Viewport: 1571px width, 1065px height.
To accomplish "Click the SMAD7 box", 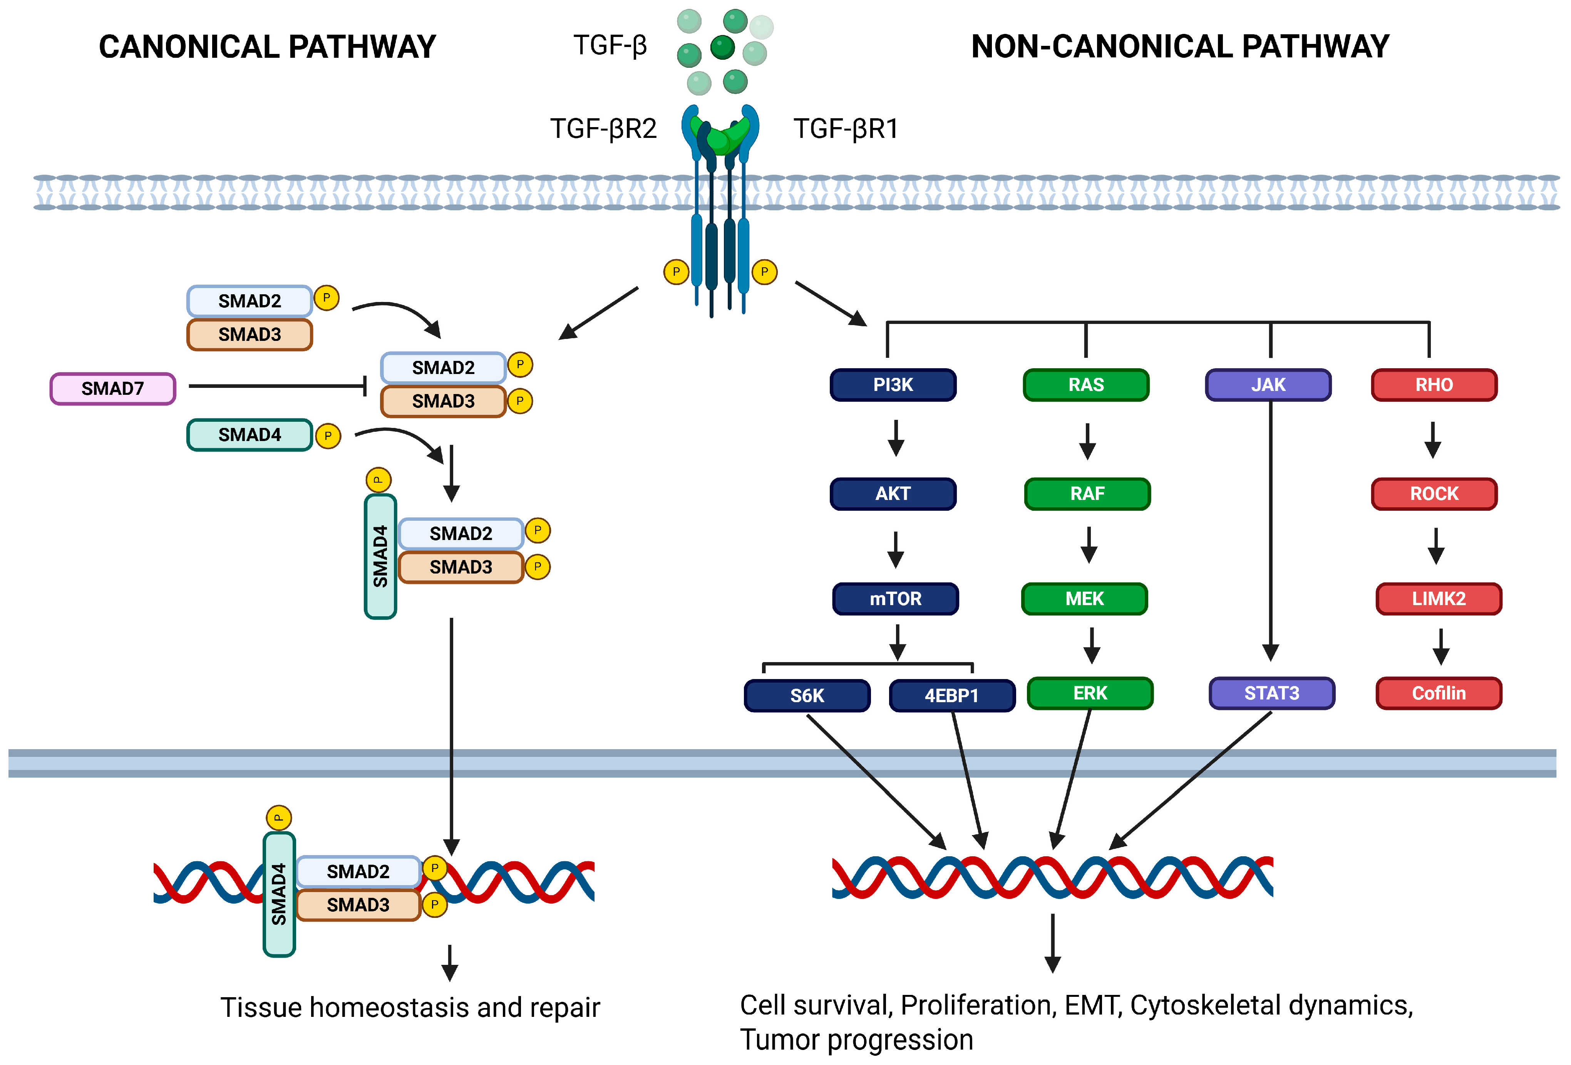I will [113, 389].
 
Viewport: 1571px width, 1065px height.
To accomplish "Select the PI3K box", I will [893, 385].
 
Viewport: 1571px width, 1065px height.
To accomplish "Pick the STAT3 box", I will [1271, 693].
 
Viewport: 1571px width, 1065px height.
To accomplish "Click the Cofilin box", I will [1439, 693].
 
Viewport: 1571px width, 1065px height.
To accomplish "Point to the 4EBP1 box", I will [952, 696].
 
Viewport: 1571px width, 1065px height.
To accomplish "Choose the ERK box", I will [1090, 693].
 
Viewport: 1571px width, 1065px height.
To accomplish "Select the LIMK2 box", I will [1439, 599].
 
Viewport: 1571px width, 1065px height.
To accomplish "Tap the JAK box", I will [1268, 385].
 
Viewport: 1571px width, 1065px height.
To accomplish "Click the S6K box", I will [807, 696].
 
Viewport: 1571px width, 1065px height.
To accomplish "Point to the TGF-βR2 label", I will [603, 129].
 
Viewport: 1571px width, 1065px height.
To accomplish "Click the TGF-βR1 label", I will [846, 129].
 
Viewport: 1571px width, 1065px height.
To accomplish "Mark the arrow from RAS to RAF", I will [1087, 441].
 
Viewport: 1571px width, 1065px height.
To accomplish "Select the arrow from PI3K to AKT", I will [896, 438].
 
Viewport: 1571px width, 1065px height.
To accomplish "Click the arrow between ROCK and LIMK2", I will [1436, 546].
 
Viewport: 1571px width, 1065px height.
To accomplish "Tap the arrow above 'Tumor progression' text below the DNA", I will [1052, 943].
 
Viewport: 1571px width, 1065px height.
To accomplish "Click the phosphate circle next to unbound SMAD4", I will [328, 436].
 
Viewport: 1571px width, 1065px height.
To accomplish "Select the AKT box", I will [893, 494].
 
